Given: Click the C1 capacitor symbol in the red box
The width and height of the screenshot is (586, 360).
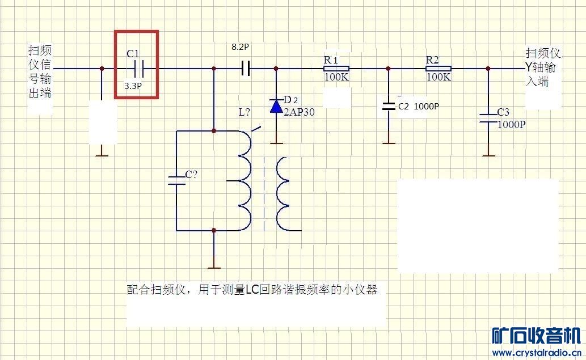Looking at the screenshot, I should tap(136, 69).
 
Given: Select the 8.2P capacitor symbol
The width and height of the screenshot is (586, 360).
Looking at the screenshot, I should tap(245, 69).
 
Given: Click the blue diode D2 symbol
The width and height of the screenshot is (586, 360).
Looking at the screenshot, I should tap(276, 105).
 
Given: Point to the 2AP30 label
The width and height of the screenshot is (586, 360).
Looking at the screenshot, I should tap(298, 112).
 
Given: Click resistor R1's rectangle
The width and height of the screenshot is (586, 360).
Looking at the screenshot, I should tap(335, 69).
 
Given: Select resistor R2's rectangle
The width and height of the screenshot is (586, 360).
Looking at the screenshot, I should tap(438, 69).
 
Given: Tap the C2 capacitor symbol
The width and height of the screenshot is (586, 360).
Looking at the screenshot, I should tap(389, 105).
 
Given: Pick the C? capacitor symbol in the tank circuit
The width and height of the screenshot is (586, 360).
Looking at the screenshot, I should tap(176, 180).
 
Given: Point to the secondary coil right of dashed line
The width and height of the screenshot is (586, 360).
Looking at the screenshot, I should tap(284, 195).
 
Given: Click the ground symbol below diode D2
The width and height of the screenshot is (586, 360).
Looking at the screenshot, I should tap(276, 143).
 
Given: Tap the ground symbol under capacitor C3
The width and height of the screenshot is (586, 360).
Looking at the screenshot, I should tap(488, 155).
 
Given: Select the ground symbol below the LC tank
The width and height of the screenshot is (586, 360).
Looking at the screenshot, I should tap(214, 267).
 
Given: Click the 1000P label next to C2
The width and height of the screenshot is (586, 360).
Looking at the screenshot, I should tap(426, 107).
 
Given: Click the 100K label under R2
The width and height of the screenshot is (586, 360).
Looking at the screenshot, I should tap(439, 77).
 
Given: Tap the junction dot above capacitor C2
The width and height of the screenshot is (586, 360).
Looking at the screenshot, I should tap(389, 69).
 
